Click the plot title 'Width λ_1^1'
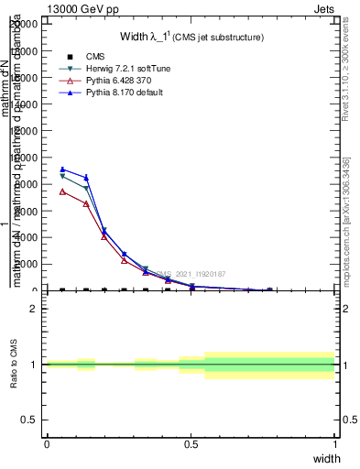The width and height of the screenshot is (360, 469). click(x=192, y=37)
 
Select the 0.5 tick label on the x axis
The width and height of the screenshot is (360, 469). click(x=191, y=443)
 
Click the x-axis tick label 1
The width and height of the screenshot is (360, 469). click(x=334, y=443)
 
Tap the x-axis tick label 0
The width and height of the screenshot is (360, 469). click(x=47, y=443)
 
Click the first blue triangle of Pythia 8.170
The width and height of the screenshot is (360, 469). click(x=62, y=169)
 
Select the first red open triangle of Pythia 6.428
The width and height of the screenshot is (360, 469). click(x=62, y=191)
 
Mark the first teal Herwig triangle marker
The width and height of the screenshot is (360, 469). click(x=62, y=176)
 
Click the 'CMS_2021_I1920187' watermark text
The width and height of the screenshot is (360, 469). click(x=190, y=274)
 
